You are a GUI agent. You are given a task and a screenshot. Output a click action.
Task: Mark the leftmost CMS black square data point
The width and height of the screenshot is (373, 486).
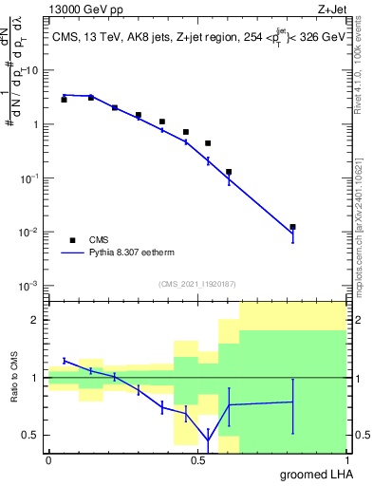pyautogui.click(x=64, y=99)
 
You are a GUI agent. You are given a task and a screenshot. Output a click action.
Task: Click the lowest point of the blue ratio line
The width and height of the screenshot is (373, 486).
pyautogui.click(x=208, y=440)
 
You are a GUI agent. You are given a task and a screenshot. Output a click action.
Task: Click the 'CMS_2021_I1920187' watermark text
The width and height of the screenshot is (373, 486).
pyautogui.click(x=197, y=284)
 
